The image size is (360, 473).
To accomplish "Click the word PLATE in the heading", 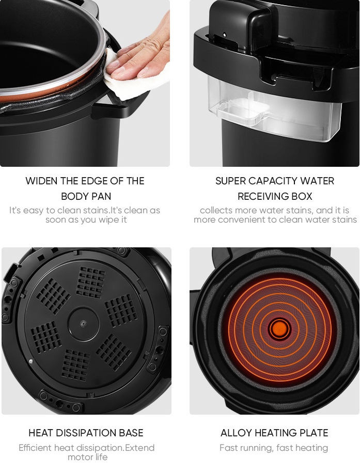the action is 315,433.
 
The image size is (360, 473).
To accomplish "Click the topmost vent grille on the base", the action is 91,282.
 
